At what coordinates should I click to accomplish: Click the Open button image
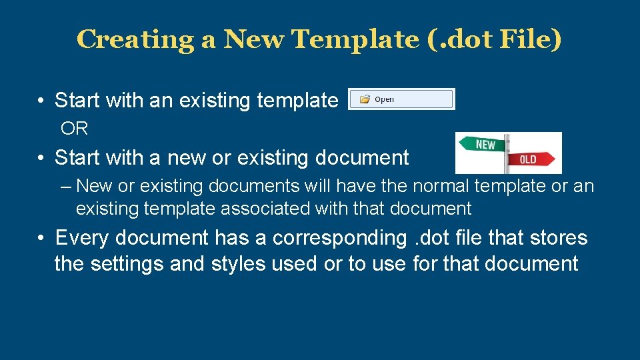coord(401,99)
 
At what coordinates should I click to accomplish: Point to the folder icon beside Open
coord(365,99)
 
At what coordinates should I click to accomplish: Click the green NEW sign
coord(483,144)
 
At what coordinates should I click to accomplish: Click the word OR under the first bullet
coord(75,128)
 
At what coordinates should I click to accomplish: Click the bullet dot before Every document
coord(41,238)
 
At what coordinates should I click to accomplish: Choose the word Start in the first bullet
coord(76,101)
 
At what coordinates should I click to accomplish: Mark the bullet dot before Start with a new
coord(41,158)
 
